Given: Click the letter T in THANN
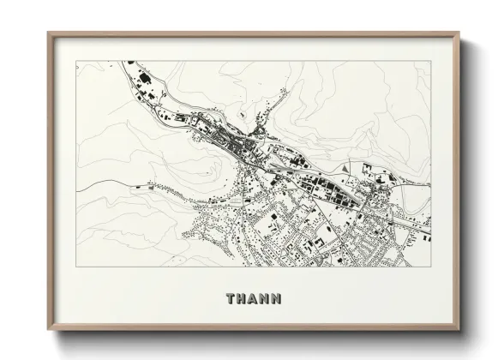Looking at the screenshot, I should coord(231,299).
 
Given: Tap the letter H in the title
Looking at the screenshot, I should coord(242,299).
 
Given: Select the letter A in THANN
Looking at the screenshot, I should coord(253,299).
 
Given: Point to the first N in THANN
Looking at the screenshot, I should coord(264,299).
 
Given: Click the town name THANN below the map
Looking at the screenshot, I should coord(253,299).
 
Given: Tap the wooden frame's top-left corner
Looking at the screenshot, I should coord(49,33).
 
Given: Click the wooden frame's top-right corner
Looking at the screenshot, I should coord(459,33).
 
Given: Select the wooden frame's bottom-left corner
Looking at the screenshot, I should coord(49,329).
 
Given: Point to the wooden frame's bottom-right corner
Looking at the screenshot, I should coord(459,329).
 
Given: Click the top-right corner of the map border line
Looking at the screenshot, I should coord(431,61).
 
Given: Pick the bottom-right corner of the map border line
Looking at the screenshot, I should coord(431,267).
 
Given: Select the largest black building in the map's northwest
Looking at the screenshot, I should coord(143,79).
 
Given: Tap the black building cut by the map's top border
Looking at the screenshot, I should coord(131,63).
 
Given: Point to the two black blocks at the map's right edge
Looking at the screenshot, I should coord(426,225).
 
